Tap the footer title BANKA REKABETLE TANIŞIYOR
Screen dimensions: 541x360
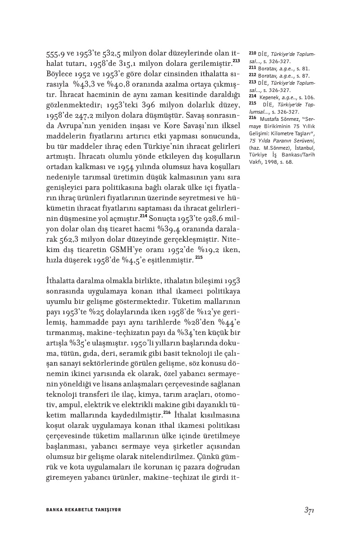coord(84,509)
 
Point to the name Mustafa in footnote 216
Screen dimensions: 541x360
coord(269,118)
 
